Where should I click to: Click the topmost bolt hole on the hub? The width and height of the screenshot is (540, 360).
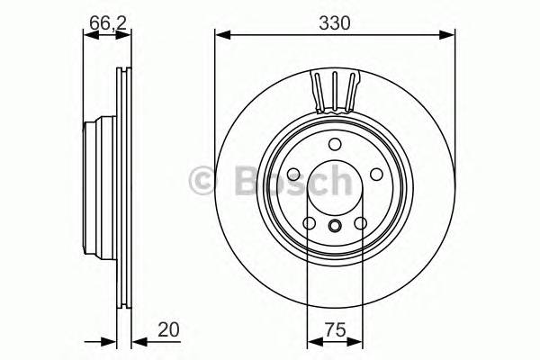[334, 145]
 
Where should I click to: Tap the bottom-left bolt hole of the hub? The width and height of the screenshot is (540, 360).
[309, 223]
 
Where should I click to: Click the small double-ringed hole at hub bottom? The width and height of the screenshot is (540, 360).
[334, 226]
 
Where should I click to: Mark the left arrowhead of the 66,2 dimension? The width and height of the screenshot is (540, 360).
[88, 35]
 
